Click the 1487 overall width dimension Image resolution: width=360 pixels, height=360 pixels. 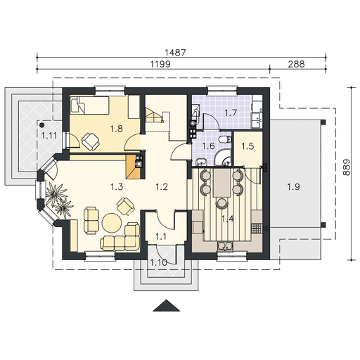click(x=175, y=52)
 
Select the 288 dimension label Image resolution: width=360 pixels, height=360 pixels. click(x=296, y=64)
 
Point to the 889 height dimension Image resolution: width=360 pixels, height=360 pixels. click(x=347, y=167)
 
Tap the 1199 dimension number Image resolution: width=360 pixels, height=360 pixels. click(x=160, y=64)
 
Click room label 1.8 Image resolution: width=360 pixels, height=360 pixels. click(x=117, y=129)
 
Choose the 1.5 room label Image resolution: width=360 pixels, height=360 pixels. click(x=247, y=146)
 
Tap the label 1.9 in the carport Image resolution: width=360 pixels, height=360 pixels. click(x=294, y=187)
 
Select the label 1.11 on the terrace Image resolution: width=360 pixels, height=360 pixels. click(x=49, y=136)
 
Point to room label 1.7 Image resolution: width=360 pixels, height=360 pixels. click(x=231, y=113)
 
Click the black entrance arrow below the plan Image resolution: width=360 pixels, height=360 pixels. click(x=167, y=306)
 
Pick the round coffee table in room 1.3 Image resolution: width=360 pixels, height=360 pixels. click(x=112, y=222)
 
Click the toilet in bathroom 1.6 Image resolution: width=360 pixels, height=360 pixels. click(x=225, y=139)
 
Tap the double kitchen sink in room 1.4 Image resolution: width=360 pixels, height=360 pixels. click(x=225, y=245)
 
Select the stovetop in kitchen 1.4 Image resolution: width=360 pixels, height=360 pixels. click(x=257, y=229)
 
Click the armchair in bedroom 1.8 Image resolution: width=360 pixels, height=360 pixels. click(x=91, y=141)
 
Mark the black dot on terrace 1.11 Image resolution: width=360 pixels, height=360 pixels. click(x=42, y=124)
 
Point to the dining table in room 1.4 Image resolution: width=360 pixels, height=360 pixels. click(x=221, y=183)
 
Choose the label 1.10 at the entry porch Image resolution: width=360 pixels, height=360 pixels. click(x=159, y=262)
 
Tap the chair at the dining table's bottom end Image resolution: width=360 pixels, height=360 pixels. click(x=221, y=202)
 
